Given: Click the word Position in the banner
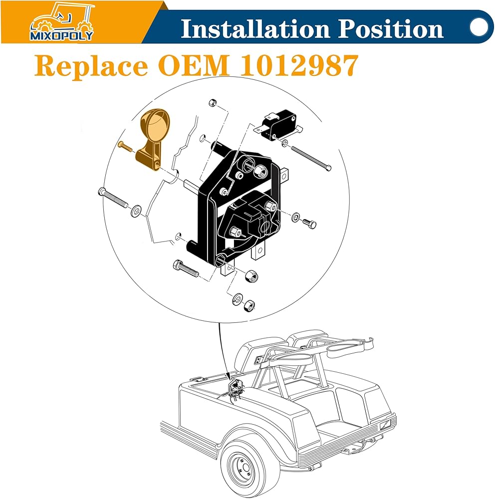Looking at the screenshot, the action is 390,29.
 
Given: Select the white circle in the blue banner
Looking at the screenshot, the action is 479,27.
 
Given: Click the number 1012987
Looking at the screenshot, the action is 299,65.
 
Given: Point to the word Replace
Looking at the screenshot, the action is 91,66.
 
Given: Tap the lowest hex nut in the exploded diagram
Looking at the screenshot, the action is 249,305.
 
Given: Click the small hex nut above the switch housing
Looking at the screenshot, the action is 213,103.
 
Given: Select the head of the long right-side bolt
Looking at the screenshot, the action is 328,167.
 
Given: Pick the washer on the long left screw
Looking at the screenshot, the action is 137,211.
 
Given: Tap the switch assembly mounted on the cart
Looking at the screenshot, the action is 236,390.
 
